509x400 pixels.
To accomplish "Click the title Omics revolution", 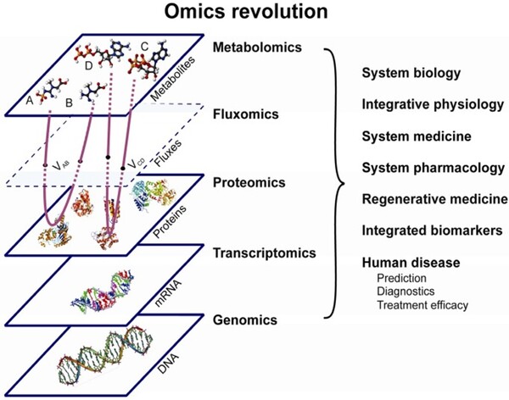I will pyautogui.click(x=255, y=15).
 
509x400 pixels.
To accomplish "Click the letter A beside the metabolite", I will pyautogui.click(x=30, y=100).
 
